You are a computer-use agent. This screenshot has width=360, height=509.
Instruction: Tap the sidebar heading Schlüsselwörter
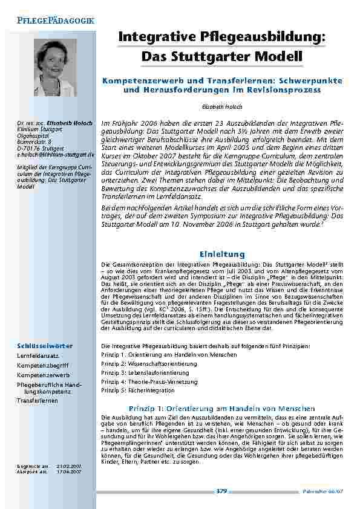[45, 345]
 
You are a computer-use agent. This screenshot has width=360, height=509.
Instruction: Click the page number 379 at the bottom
[221, 491]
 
